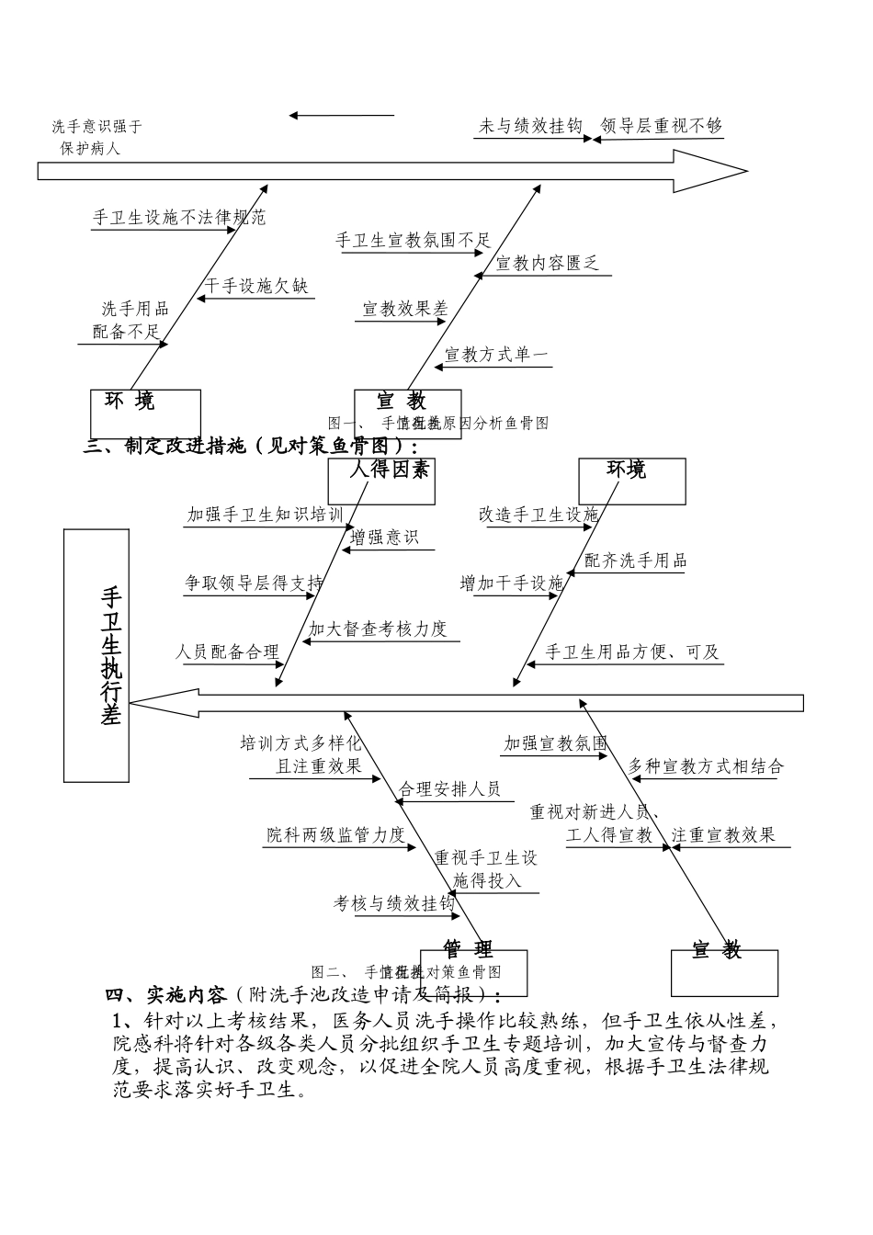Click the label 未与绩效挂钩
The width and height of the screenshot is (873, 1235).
click(x=530, y=127)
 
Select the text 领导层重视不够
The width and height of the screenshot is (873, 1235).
click(x=662, y=127)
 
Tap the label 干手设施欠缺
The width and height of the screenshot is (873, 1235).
click(x=257, y=287)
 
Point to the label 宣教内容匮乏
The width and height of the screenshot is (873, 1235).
click(x=548, y=264)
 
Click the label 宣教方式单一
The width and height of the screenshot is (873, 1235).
click(x=496, y=355)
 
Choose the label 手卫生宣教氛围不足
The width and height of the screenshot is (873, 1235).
click(x=414, y=241)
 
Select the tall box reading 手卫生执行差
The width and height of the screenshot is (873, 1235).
click(x=96, y=654)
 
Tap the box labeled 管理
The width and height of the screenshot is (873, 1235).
click(x=473, y=971)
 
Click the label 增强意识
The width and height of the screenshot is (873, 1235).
click(x=384, y=538)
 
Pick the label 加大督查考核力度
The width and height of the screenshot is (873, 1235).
click(x=378, y=629)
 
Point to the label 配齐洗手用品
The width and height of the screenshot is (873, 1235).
click(x=636, y=561)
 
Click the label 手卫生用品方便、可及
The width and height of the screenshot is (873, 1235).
click(x=633, y=652)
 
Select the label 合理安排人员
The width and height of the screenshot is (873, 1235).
click(x=449, y=788)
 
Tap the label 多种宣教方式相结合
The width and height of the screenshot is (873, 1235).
click(x=706, y=766)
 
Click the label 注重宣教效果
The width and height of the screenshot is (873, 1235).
click(x=723, y=834)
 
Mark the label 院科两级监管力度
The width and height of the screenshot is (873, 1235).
click(x=335, y=834)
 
